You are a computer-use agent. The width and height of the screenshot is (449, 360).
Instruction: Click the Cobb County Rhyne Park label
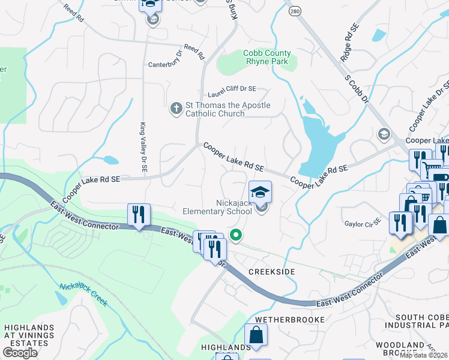pyautogui.click(x=266, y=58)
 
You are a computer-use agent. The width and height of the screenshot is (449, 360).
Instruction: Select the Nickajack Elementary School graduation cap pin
pyautogui.click(x=260, y=193)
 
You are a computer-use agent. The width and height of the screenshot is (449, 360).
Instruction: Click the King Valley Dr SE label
pyautogui.click(x=143, y=148)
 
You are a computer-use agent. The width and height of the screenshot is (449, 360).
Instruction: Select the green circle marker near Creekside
pyautogui.click(x=237, y=236)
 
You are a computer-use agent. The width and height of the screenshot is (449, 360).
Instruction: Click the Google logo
pyautogui.click(x=20, y=352)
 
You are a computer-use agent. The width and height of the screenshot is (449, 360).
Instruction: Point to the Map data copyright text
pyautogui.click(x=424, y=355)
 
